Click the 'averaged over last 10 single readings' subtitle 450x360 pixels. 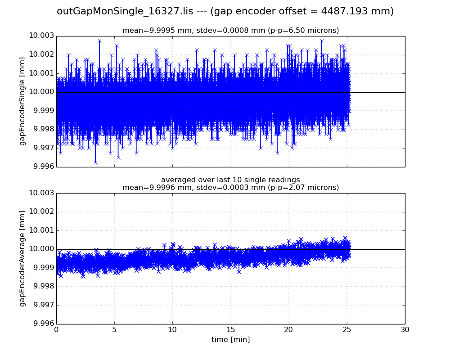[230, 180]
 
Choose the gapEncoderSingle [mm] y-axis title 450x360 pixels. [22, 101]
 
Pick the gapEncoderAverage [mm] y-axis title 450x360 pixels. [22, 258]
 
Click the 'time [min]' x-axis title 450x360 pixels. [230, 340]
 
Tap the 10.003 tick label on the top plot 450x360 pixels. [41, 36]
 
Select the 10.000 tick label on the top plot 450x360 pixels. [41, 92]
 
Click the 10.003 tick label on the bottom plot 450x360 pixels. [41, 193]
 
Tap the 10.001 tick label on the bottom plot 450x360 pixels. [41, 230]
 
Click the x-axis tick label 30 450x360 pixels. [405, 330]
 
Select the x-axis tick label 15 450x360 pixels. [230, 330]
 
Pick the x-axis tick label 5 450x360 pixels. [114, 330]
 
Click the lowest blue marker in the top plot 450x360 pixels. [95, 162]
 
